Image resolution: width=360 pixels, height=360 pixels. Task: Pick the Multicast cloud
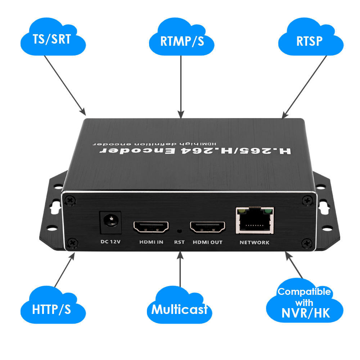179,309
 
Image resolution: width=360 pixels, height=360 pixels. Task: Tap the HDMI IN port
151,227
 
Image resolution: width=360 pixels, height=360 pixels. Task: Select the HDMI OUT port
207,227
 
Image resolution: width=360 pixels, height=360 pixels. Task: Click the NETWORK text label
254,242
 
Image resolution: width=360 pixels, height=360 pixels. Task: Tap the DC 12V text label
110,242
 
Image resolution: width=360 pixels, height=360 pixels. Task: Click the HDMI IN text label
151,242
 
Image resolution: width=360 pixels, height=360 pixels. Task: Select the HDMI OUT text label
207,242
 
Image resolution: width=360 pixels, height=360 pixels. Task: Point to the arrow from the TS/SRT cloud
65,85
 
